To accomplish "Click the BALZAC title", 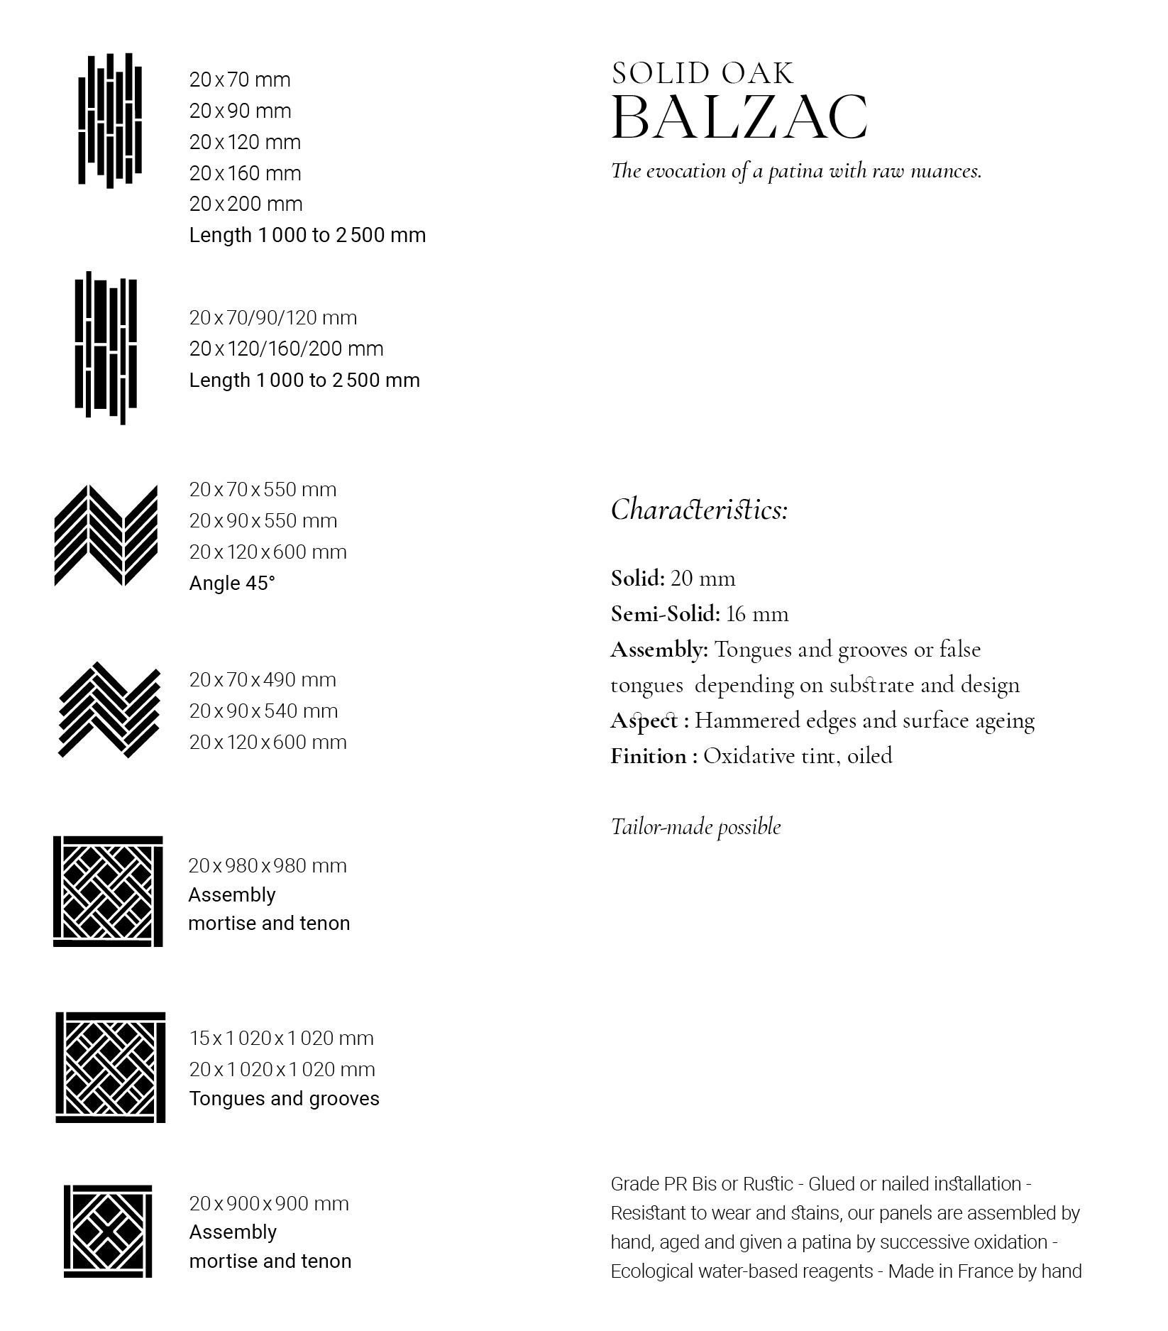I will coord(739,117).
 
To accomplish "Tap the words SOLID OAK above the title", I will coord(703,73).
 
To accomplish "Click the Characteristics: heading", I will coord(699,510).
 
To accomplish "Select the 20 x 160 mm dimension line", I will coord(245,173).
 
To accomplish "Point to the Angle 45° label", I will coord(232,583).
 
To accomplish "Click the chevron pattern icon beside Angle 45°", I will coord(106,535).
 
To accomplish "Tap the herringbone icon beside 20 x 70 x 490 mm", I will coord(109,710).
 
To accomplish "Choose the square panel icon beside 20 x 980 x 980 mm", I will coord(108,891).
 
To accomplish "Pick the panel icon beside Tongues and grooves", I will coord(110,1067).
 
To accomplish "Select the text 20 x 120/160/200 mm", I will coord(286,349).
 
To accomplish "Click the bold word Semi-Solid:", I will coord(665,614).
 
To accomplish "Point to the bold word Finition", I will coord(648,756).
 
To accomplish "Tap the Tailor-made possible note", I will coord(695,827).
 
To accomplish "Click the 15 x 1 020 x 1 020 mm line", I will coord(281,1038).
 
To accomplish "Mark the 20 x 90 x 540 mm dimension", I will coord(263,711).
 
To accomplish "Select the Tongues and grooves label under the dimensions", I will coord(284,1098).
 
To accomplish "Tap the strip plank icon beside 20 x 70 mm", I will coord(109,121).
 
